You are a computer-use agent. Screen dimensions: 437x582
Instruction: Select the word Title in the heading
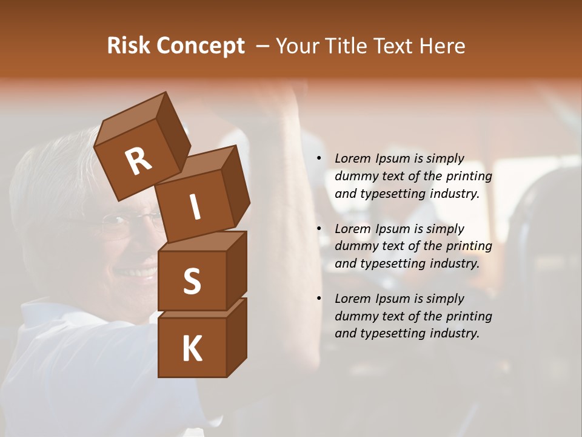348,46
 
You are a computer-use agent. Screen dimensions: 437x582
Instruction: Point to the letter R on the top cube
138,161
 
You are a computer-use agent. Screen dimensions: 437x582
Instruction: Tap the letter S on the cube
192,281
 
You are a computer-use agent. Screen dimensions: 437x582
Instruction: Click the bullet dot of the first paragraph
319,159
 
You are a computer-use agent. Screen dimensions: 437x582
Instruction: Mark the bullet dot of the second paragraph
319,229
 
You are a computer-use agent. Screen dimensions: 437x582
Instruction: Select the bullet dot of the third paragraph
319,299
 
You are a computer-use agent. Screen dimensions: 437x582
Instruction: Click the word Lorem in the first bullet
352,158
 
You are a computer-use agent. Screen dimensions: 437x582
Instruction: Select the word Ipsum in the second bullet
392,229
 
